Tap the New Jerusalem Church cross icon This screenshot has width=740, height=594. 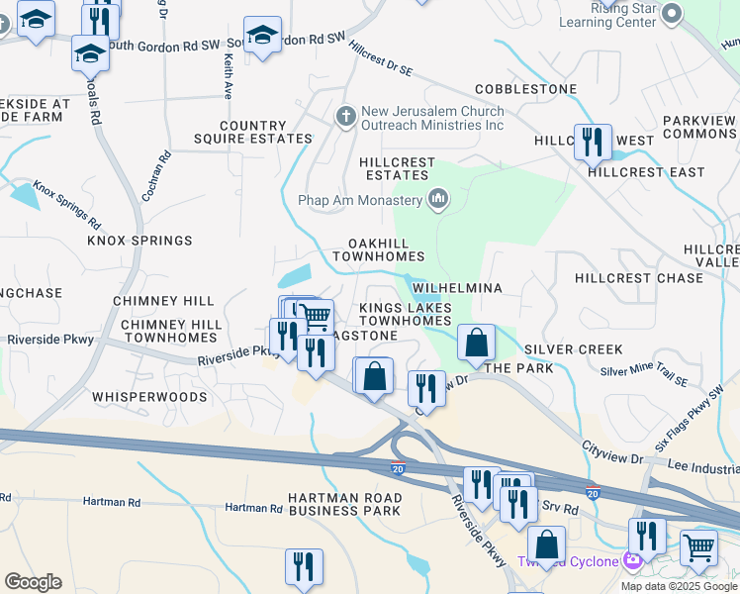(x=345, y=116)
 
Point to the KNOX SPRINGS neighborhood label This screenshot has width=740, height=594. (x=139, y=241)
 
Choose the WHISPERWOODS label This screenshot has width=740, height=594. (x=149, y=397)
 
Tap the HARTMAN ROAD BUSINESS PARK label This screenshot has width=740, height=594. (x=344, y=504)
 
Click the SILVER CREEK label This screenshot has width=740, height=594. (x=574, y=349)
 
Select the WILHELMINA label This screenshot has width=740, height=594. (x=458, y=288)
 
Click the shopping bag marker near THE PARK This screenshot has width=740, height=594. (x=476, y=344)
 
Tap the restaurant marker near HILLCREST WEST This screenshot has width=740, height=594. (x=593, y=142)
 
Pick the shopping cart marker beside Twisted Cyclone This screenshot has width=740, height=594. (x=698, y=546)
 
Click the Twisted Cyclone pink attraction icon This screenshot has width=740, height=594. (x=633, y=561)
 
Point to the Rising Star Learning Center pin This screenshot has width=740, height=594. (x=673, y=13)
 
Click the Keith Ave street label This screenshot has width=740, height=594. (x=228, y=76)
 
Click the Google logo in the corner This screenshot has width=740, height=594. (x=33, y=582)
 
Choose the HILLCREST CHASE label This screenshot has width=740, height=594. (x=625, y=278)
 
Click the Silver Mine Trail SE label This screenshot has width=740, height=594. (x=643, y=373)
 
